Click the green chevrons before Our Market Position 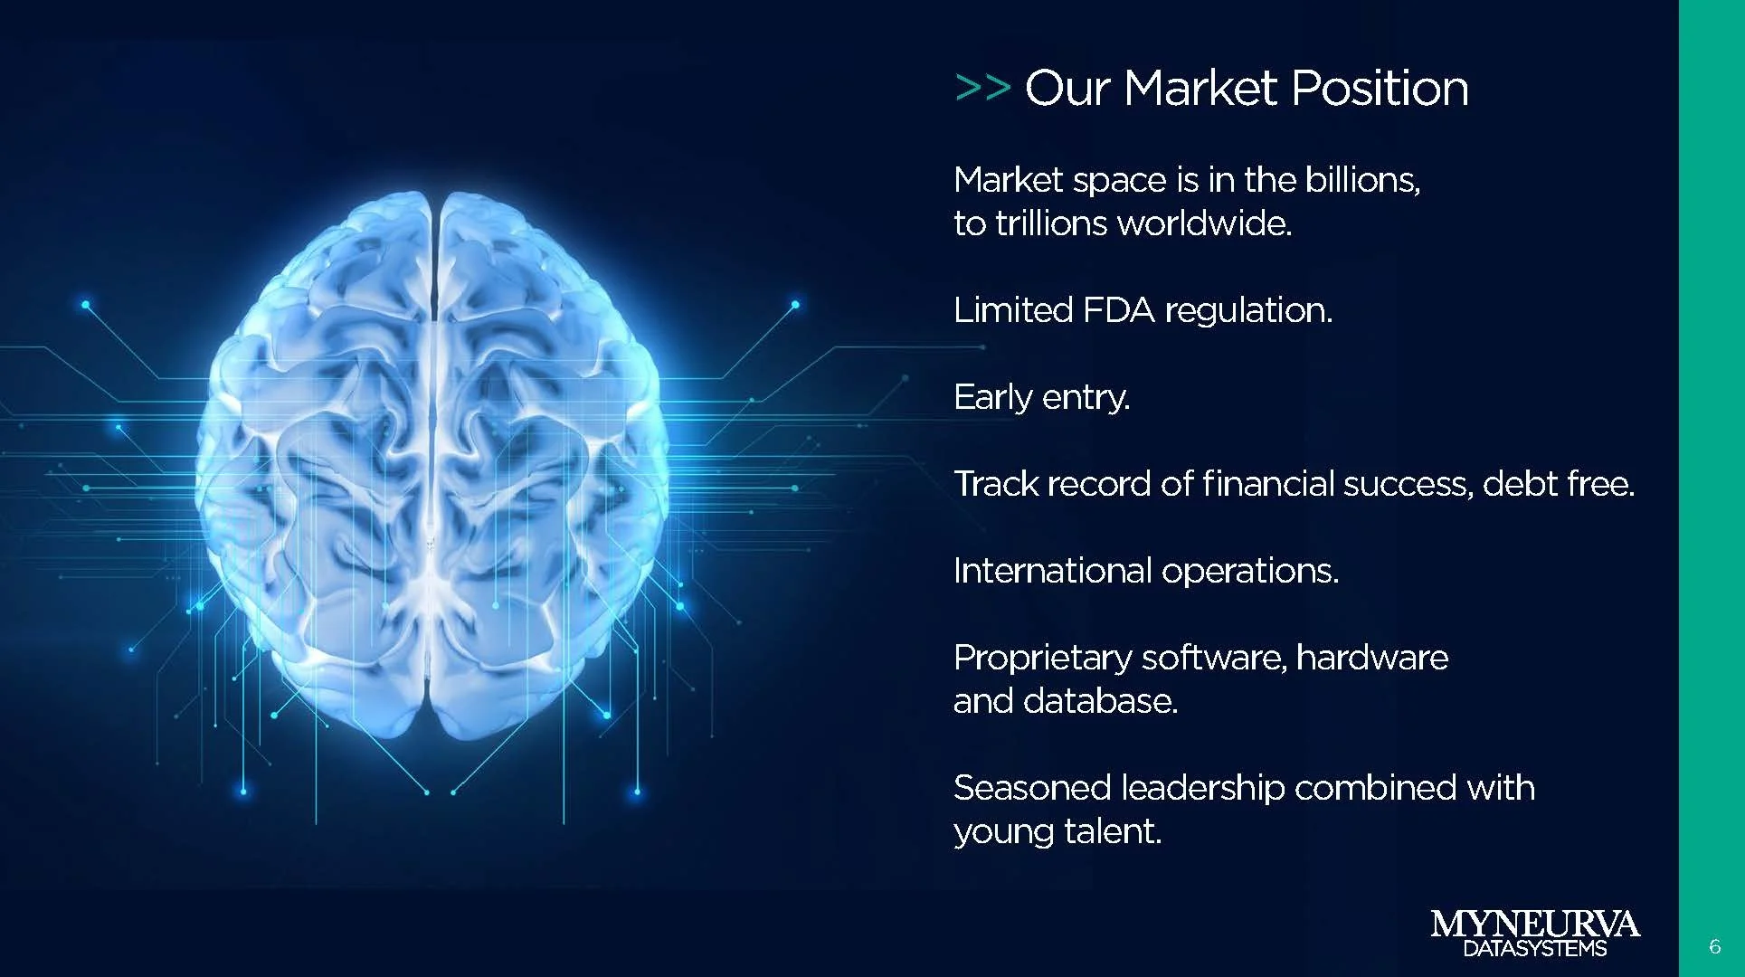[982, 89]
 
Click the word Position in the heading [1379, 89]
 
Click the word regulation [1248, 310]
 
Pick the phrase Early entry [1041, 397]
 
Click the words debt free [1558, 484]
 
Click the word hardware [1371, 658]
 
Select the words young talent [1057, 831]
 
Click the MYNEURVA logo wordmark [1534, 925]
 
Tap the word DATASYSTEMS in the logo [1534, 949]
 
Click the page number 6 [1714, 946]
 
